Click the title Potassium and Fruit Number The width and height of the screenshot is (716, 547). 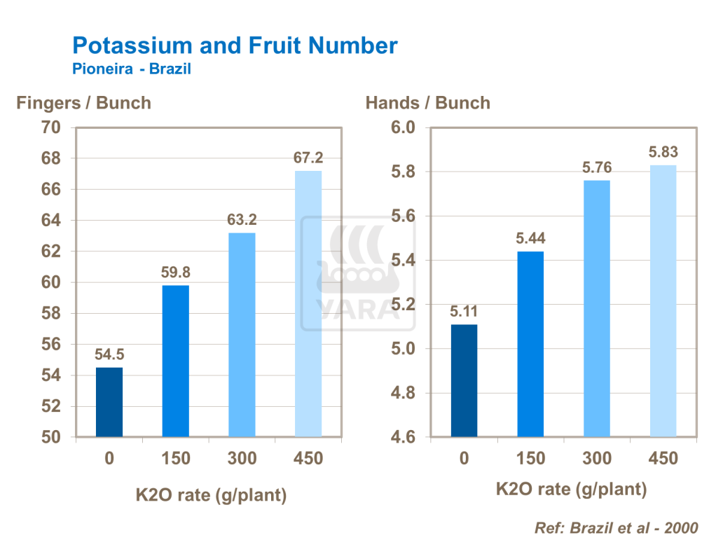(235, 46)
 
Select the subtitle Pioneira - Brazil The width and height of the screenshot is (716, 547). (132, 69)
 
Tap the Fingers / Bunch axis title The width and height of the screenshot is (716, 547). (83, 103)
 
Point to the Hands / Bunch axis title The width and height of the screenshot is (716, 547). (427, 103)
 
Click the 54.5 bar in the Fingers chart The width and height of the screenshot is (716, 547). (109, 402)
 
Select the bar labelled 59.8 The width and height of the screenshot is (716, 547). (175, 361)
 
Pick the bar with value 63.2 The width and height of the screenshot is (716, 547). (242, 335)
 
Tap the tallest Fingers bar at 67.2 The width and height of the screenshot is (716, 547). (308, 304)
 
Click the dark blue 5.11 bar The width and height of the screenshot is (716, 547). (464, 380)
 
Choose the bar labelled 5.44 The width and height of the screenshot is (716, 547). (530, 344)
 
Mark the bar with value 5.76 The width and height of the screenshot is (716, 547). (597, 308)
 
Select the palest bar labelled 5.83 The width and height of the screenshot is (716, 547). (663, 300)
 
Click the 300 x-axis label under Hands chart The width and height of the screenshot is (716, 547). (597, 459)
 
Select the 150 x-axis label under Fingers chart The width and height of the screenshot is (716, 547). (175, 459)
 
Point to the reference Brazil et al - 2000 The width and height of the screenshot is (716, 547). (616, 527)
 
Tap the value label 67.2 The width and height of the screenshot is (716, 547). (308, 158)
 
